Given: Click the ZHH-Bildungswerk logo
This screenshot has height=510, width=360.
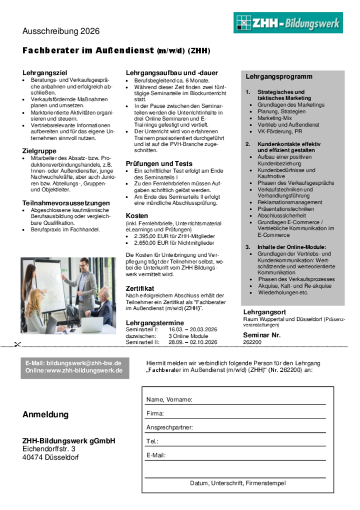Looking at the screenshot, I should point(288,23).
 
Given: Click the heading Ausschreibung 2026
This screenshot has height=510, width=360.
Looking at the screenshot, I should point(61,31).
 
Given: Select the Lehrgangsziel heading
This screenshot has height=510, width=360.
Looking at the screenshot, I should point(44,73).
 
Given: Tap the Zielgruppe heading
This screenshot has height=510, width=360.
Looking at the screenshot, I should point(39,151).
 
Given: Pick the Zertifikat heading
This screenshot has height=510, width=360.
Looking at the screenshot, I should point(140,288).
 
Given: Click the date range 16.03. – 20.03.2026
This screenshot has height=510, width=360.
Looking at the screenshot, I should point(192,329).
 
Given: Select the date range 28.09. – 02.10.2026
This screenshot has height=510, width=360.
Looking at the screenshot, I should point(192,342).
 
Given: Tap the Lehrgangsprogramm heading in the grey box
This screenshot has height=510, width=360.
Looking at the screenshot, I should point(279,77).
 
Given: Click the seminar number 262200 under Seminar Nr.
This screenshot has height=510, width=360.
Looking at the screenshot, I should point(252,342).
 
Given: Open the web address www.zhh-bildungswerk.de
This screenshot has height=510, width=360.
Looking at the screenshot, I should point(84,370).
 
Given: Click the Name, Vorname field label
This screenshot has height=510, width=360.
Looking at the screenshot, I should point(169,400).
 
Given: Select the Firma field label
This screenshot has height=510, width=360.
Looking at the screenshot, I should point(155,414).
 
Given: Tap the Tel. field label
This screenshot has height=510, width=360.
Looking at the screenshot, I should point(152,441).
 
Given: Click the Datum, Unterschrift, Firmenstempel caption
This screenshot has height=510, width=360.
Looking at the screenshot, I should point(237,483).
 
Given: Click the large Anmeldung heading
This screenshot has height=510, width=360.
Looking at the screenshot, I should point(45,414).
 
